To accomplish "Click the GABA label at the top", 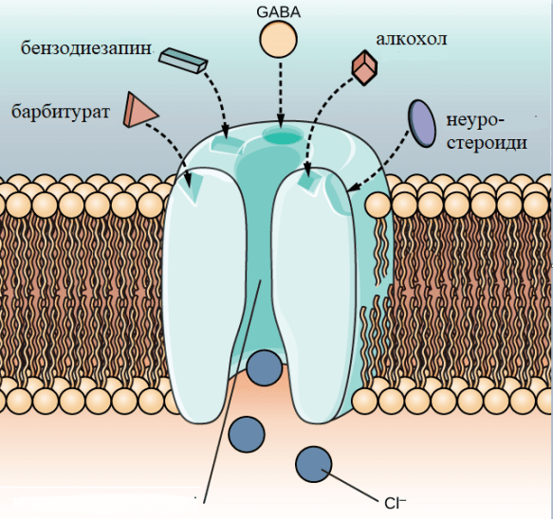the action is pos(278,12).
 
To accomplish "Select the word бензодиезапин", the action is pos(86,47).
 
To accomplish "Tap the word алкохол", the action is pos(412,39).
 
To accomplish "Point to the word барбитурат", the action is pos(61,112).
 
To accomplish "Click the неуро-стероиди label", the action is pos(487,132).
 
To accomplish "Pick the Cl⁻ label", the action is pos(395,504).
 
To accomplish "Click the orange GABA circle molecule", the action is pos(278,39).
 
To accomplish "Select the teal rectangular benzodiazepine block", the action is pos(183,60).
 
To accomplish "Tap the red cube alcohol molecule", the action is pos(364,67).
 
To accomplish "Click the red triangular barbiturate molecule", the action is pos(138,110).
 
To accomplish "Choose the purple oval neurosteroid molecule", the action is pos(422,123).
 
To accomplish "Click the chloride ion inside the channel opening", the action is pos(265,368).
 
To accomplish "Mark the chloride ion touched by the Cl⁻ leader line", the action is pos(314,464).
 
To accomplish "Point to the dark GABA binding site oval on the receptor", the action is pos(284,135).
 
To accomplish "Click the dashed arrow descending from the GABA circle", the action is pos(281,95).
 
